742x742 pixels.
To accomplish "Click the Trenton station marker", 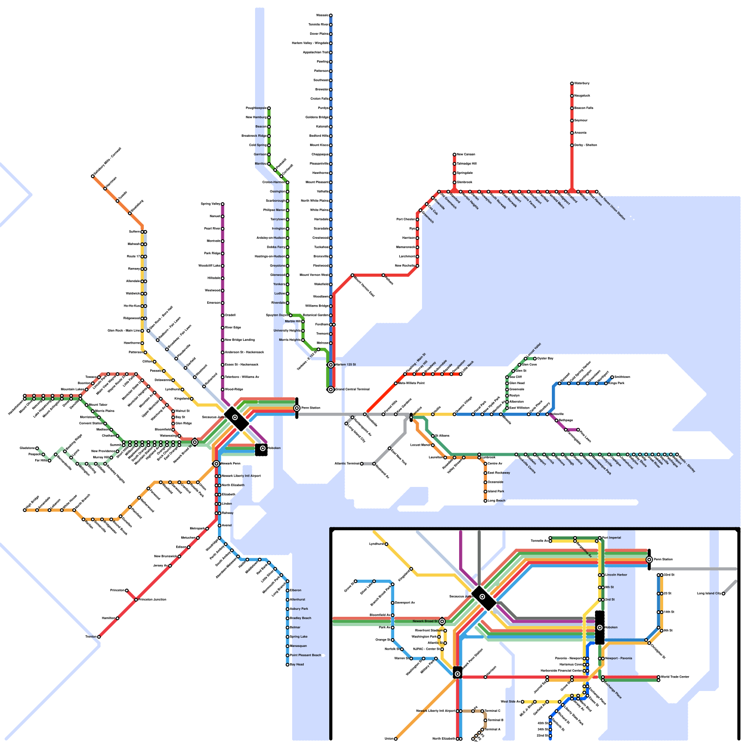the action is tap(99, 637).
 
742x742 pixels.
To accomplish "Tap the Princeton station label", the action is tap(117, 590).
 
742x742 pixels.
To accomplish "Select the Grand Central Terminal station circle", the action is tap(331, 390).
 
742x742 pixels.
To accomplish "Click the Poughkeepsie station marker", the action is tap(269, 108).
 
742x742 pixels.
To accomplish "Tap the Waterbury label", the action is tap(582, 83).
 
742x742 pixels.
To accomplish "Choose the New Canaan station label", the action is tap(466, 154).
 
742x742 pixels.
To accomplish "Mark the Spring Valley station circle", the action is tap(223, 204).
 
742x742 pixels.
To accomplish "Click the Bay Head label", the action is tap(297, 665).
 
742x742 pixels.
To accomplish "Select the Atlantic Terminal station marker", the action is tap(362, 464).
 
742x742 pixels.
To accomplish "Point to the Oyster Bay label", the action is tap(545, 358).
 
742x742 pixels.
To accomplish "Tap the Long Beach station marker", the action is tap(486, 501).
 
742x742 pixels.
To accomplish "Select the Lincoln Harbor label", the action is tap(616, 575).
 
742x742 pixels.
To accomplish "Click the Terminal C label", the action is tap(493, 711).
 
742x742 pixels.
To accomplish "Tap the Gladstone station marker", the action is tap(37, 448).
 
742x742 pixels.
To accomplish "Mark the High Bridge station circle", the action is tap(25, 510).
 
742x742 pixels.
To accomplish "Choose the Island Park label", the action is tap(495, 492).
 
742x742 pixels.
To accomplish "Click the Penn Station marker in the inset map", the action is tap(649, 560).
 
